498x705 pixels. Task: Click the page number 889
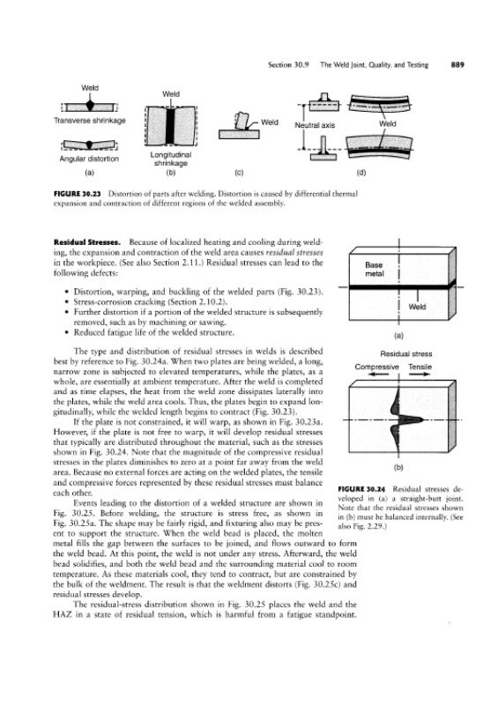click(457, 64)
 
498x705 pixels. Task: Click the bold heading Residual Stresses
click(86, 241)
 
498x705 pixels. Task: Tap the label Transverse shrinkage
click(90, 121)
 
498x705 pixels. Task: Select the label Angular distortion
click(89, 159)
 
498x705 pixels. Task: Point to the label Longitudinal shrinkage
click(170, 159)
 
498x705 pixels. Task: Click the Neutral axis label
click(315, 125)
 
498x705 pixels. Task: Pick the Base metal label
click(374, 270)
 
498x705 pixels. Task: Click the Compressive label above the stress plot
click(376, 367)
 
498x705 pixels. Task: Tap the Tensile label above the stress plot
click(420, 367)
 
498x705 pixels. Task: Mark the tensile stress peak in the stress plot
click(422, 419)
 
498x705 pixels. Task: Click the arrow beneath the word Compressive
click(376, 374)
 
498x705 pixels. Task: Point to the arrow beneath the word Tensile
click(420, 374)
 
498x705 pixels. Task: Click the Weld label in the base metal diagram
click(417, 307)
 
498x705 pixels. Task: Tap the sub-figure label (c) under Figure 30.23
click(240, 172)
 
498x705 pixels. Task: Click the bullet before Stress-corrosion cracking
click(67, 302)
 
